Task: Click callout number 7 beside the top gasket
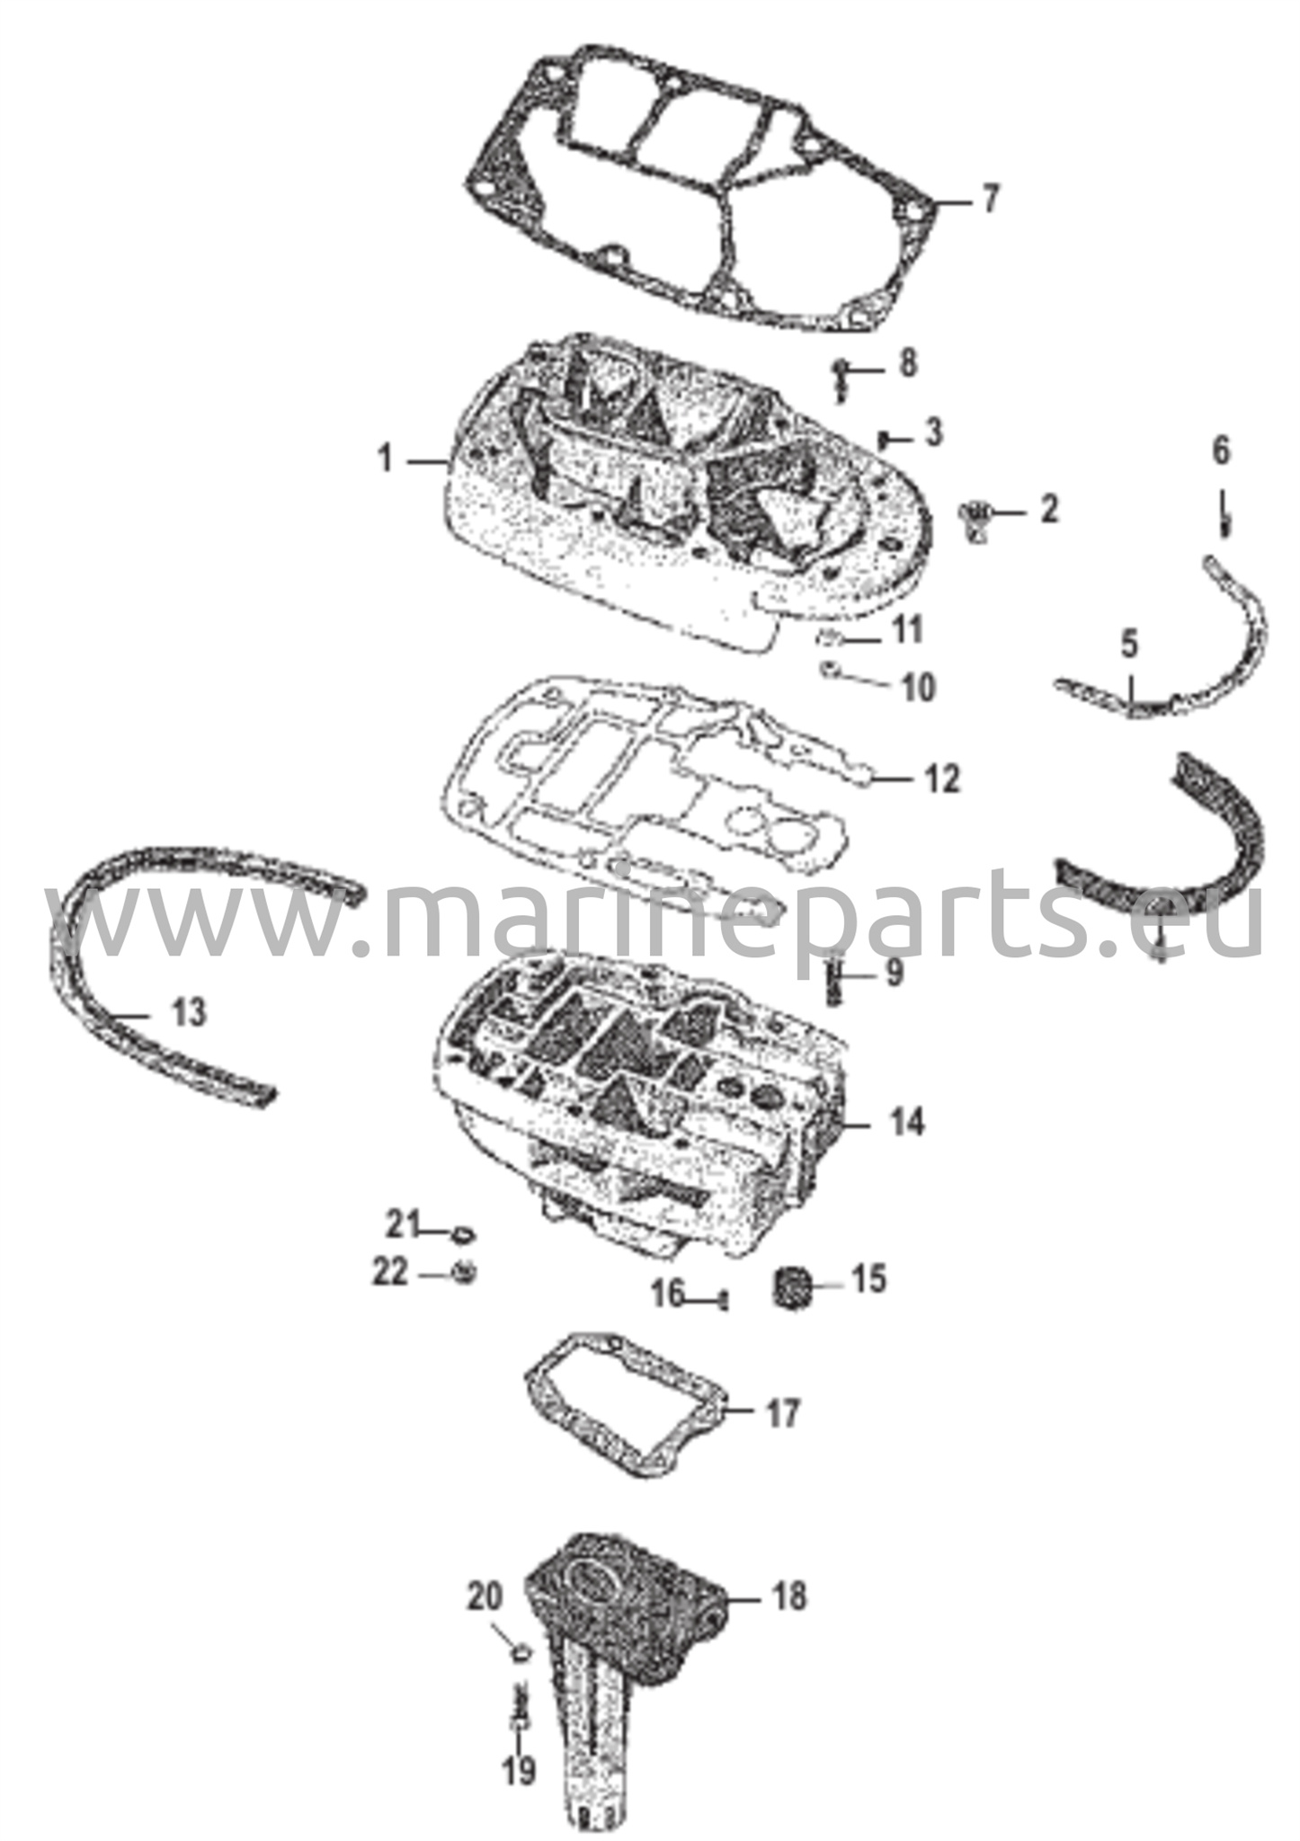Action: [x=989, y=199]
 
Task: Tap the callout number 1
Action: [x=386, y=460]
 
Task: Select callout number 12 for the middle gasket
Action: [x=942, y=778]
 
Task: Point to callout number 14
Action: [x=907, y=1121]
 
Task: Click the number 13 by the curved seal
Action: [x=189, y=1012]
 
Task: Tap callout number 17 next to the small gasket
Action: [x=781, y=1413]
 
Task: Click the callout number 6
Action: [x=1220, y=451]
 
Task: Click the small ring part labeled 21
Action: [x=464, y=1232]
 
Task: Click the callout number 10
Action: [x=918, y=688]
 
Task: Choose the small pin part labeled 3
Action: [x=884, y=439]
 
